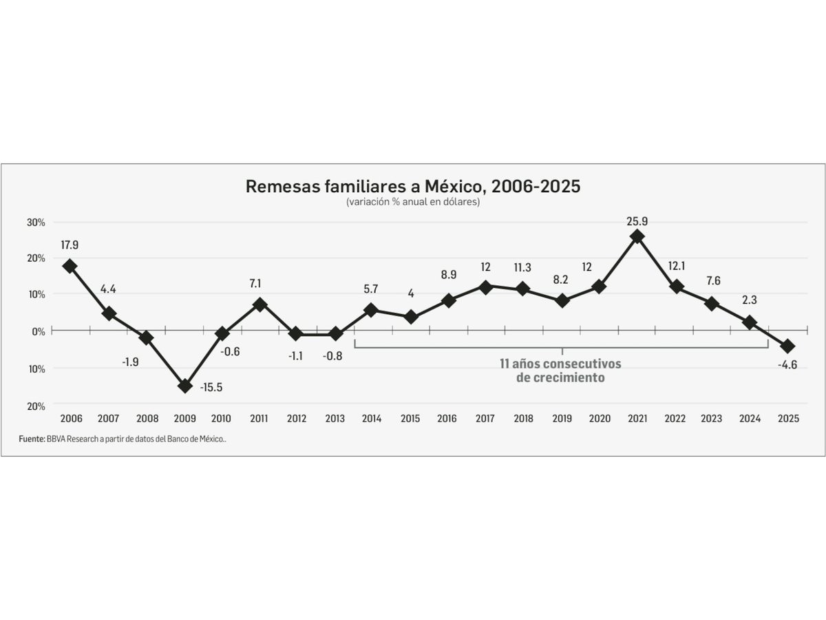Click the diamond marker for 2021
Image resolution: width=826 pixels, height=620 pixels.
(637, 236)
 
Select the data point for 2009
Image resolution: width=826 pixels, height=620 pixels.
(184, 386)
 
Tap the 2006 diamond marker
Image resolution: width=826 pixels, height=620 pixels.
(70, 266)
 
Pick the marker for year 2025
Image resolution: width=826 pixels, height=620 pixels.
(787, 346)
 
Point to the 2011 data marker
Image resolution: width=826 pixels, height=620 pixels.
(260, 304)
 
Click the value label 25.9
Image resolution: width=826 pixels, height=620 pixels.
(637, 221)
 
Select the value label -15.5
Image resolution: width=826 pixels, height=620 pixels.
(211, 387)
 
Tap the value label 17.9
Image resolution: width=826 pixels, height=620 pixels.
(70, 245)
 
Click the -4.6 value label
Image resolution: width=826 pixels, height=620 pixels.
(787, 365)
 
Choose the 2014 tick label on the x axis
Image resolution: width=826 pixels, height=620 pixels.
(372, 419)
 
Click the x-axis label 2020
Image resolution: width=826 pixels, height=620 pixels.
(600, 419)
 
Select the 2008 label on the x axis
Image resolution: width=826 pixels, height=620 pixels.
(147, 419)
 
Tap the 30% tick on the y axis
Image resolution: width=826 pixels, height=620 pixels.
(36, 223)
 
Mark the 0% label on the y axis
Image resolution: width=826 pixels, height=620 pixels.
(39, 331)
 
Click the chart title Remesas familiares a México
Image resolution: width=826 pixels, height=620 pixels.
(413, 187)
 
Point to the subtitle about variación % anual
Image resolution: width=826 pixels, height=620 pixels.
(413, 203)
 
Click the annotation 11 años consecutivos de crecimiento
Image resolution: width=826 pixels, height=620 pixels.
(560, 370)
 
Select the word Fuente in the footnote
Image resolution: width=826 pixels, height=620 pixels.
(32, 439)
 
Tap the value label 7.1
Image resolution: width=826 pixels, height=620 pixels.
(255, 283)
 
